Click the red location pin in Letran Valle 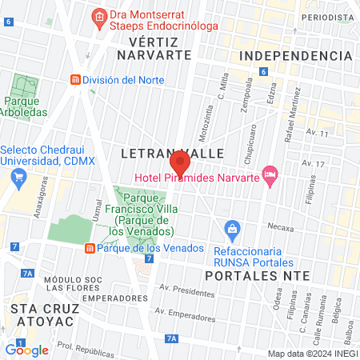pyautogui.click(x=179, y=164)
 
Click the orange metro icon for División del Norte pyautogui.click(x=75, y=80)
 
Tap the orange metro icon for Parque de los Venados pyautogui.click(x=90, y=247)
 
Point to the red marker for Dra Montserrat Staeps pyautogui.click(x=98, y=17)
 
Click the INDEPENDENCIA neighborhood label pyautogui.click(x=295, y=55)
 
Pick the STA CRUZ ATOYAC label pyautogui.click(x=37, y=313)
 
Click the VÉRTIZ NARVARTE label pyautogui.click(x=154, y=48)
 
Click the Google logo pyautogui.click(x=26, y=350)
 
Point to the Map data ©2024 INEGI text pyautogui.click(x=311, y=354)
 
